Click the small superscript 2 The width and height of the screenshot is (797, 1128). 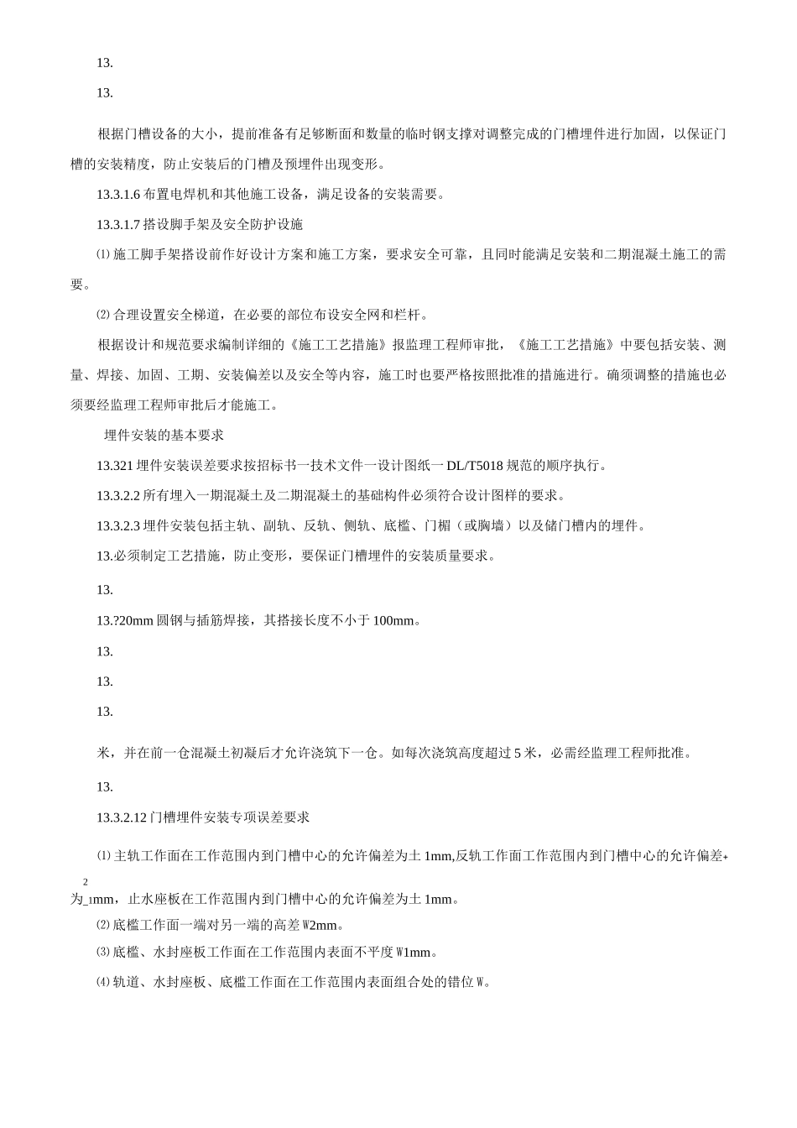click(85, 882)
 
